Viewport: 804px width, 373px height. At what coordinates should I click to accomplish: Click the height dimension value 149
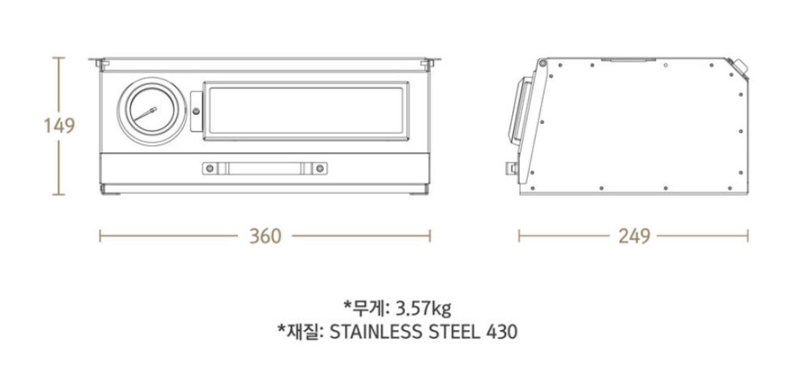click(58, 126)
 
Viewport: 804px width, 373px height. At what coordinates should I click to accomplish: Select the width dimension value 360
click(265, 236)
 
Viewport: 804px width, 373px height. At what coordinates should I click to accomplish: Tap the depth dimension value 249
click(634, 236)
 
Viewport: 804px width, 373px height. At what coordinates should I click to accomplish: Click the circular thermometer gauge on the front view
click(149, 111)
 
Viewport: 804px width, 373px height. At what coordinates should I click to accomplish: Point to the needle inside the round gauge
click(146, 114)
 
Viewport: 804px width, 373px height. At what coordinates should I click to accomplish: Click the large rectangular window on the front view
click(304, 111)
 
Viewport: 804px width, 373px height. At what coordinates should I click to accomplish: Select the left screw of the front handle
click(210, 168)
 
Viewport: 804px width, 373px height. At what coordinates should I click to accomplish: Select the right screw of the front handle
click(320, 168)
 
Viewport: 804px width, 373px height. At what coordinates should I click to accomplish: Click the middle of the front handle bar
click(265, 168)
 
